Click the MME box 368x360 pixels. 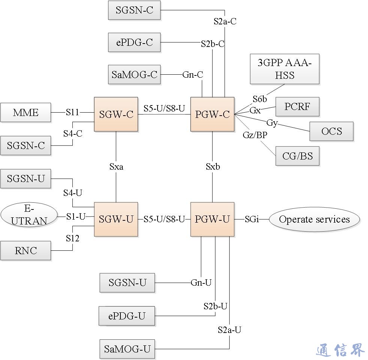coord(26,112)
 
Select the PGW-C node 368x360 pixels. coord(212,114)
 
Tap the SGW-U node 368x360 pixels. coord(116,219)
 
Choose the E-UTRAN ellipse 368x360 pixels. coord(29,215)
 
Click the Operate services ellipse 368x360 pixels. coord(314,219)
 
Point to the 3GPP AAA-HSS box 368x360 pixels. coord(284,69)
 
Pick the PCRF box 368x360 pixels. coord(297,107)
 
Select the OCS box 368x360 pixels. coord(332,131)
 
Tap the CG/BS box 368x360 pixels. coord(297,156)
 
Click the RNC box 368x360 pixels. coord(26,250)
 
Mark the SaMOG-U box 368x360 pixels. coord(127,349)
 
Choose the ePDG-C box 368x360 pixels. coord(134,42)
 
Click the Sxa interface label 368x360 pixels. coord(116,167)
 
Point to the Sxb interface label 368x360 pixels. coord(213,167)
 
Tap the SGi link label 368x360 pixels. coord(252,219)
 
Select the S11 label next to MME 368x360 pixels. coord(72,112)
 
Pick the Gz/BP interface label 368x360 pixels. coord(255,135)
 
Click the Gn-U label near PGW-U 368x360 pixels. coord(201,283)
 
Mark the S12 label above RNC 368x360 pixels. coord(72,238)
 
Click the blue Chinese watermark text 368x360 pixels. coord(340,350)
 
